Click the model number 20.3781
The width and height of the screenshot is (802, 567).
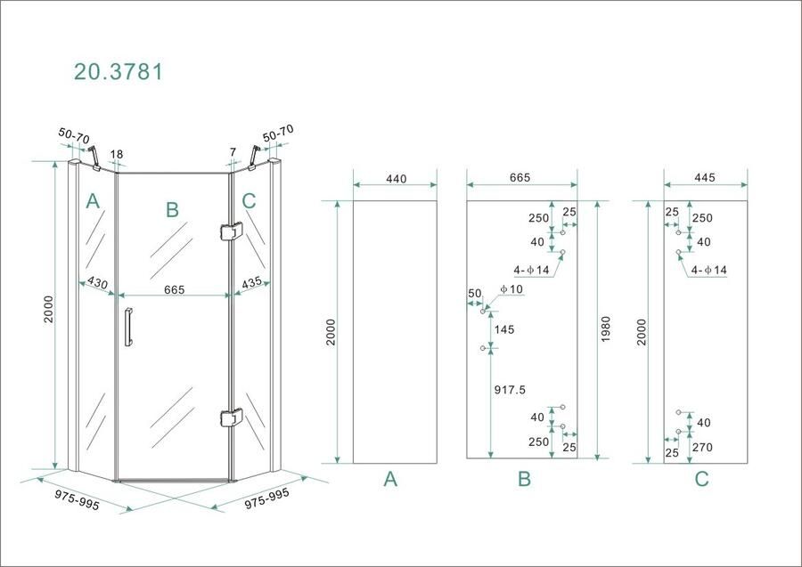pos(118,72)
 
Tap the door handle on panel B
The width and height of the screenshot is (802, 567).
pos(127,328)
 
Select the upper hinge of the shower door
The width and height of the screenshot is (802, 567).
pos(230,231)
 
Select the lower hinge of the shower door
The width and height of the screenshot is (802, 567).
pos(230,417)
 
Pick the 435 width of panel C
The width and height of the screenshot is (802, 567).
pos(250,283)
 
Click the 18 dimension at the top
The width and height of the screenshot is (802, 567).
pos(117,154)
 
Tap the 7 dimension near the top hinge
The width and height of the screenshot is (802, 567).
pos(233,153)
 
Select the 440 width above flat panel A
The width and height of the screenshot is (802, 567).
pos(396,179)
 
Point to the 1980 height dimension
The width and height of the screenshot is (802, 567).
pos(606,330)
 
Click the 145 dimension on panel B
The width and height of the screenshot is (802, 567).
pos(503,329)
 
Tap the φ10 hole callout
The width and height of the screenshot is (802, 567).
pos(512,288)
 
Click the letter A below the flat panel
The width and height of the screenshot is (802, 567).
pos(390,480)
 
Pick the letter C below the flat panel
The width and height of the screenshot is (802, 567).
pos(701,480)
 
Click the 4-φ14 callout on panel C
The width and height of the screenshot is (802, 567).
pos(708,270)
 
